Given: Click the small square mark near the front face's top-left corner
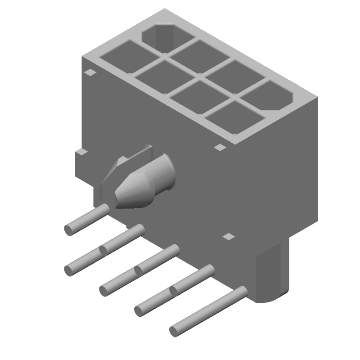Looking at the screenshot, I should (90, 72).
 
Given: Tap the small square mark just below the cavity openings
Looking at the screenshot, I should (220, 147).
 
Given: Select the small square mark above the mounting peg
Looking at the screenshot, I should (229, 236).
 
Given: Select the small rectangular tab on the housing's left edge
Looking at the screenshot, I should (81, 153).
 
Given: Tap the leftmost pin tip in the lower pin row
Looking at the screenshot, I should (68, 270).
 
